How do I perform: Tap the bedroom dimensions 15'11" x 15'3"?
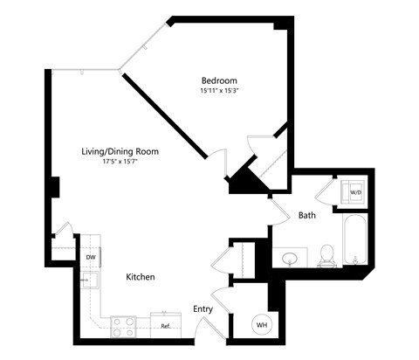click(x=220, y=90)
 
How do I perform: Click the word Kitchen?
click(x=141, y=277)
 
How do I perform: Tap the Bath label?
click(x=306, y=215)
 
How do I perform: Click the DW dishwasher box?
click(x=91, y=257)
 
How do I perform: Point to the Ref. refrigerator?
click(x=165, y=325)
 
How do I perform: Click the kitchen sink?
click(x=91, y=281)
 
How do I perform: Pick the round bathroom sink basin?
click(x=291, y=258)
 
